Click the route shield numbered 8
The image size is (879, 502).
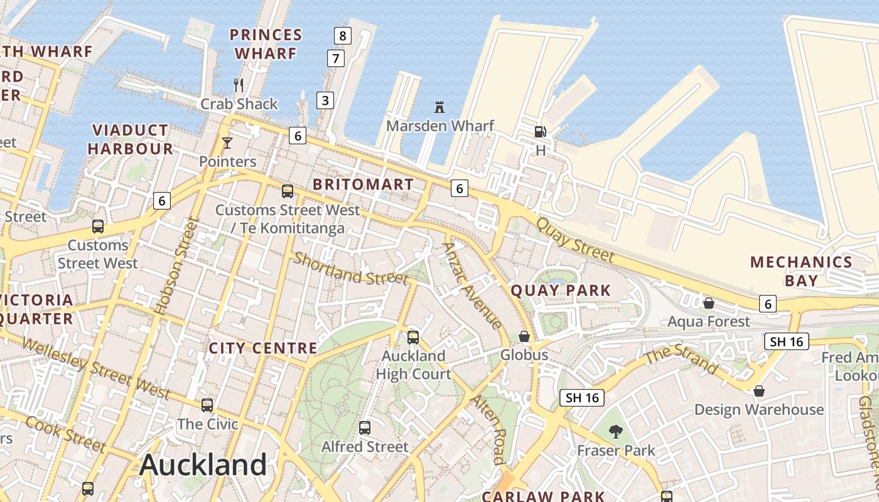coord(342,36)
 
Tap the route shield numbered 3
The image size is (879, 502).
coord(325,100)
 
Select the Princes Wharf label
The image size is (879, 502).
coord(266,44)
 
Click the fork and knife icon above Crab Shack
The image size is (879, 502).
coord(238,85)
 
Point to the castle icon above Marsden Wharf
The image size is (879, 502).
coord(439,107)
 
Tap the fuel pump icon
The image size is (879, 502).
coord(540,131)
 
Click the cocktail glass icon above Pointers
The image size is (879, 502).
coord(227,143)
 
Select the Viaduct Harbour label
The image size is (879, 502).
coord(131,139)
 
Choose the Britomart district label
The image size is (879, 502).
coord(363,184)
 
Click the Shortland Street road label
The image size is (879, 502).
coord(350,269)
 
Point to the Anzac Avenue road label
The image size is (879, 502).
coord(472,286)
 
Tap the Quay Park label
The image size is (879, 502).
coord(561,291)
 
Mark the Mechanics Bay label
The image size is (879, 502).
coord(801,271)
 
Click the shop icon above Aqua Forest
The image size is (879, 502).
coord(709,303)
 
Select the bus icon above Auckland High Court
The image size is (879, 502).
coord(413,337)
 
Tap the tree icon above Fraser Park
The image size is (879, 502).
coord(616,431)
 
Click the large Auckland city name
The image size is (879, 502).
coord(203,465)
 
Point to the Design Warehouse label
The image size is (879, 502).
coord(758,410)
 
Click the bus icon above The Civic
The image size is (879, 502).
coord(207,405)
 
